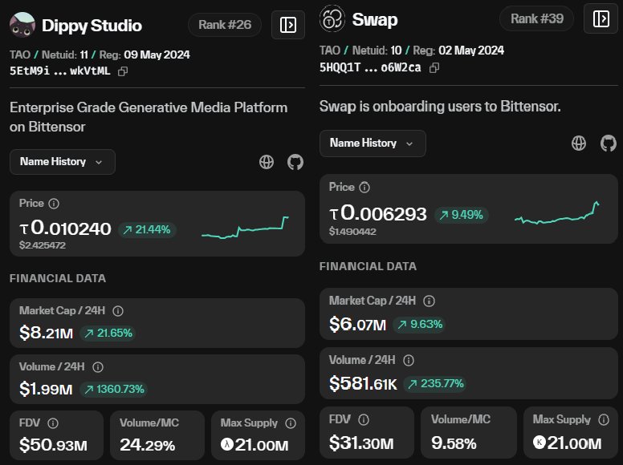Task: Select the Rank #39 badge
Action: click(535, 18)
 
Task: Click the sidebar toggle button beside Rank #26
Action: click(288, 25)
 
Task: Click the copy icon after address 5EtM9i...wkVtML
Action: click(123, 71)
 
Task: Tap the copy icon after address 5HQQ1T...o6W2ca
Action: click(434, 67)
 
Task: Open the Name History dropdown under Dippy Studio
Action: click(63, 161)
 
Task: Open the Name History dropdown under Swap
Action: click(373, 143)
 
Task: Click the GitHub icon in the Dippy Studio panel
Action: click(295, 162)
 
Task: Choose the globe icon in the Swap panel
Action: click(579, 144)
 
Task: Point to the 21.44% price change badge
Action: click(147, 229)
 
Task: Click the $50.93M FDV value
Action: click(53, 444)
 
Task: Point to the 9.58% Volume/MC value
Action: click(454, 443)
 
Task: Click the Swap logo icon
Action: click(332, 18)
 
